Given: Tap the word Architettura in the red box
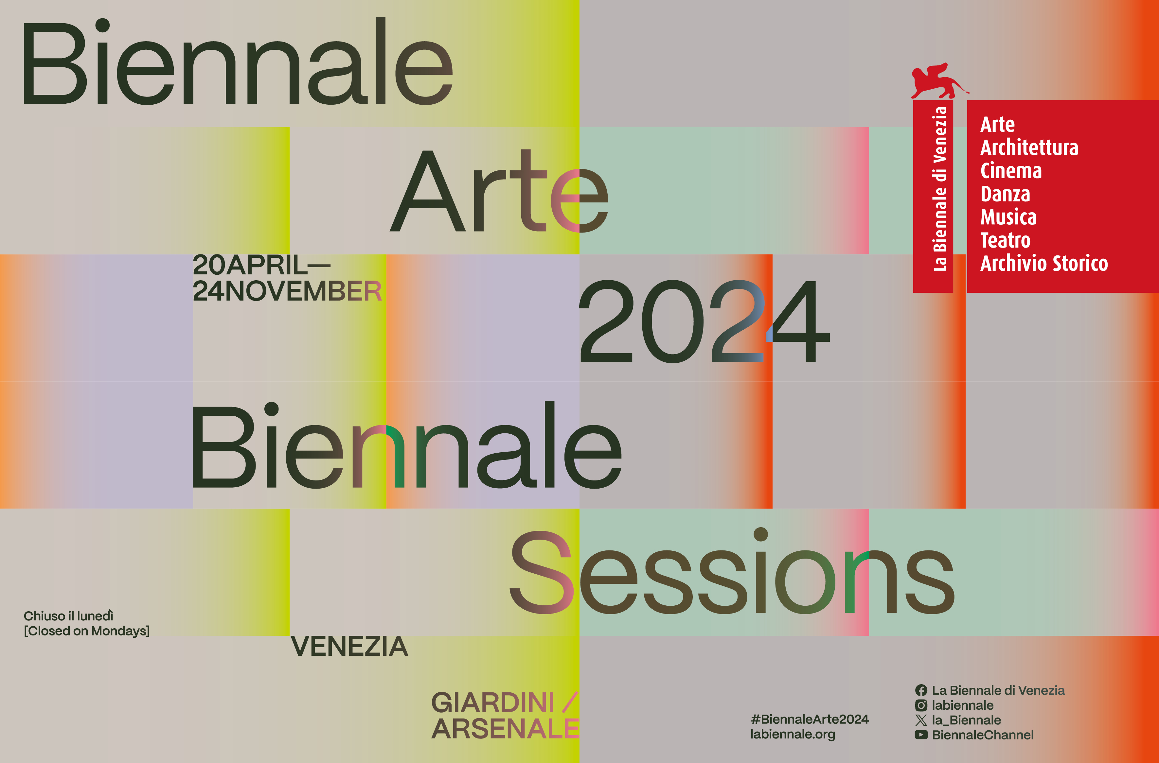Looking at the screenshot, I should pyautogui.click(x=1029, y=147).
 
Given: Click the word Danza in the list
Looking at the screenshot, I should pyautogui.click(x=1005, y=194).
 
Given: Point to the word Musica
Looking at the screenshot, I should pyautogui.click(x=1008, y=217).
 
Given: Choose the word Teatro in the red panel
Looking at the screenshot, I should pyautogui.click(x=1005, y=240).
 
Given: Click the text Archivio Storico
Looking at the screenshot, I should pyautogui.click(x=1043, y=263).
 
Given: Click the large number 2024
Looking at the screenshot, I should pyautogui.click(x=704, y=321).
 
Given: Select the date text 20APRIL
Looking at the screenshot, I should pyautogui.click(x=250, y=265).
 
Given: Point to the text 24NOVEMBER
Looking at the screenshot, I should pyautogui.click(x=287, y=291).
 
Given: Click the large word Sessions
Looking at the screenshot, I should pyautogui.click(x=730, y=574).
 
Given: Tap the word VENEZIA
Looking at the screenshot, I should pyautogui.click(x=349, y=646).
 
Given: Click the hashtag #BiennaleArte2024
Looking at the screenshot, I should pyautogui.click(x=809, y=719).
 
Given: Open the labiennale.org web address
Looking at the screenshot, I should pyautogui.click(x=792, y=734).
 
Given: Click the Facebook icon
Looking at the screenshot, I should pyautogui.click(x=921, y=690).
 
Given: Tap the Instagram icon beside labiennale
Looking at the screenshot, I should pyautogui.click(x=921, y=705).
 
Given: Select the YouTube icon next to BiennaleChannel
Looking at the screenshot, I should pyautogui.click(x=921, y=735).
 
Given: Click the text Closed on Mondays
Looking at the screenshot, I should pyautogui.click(x=87, y=631).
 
